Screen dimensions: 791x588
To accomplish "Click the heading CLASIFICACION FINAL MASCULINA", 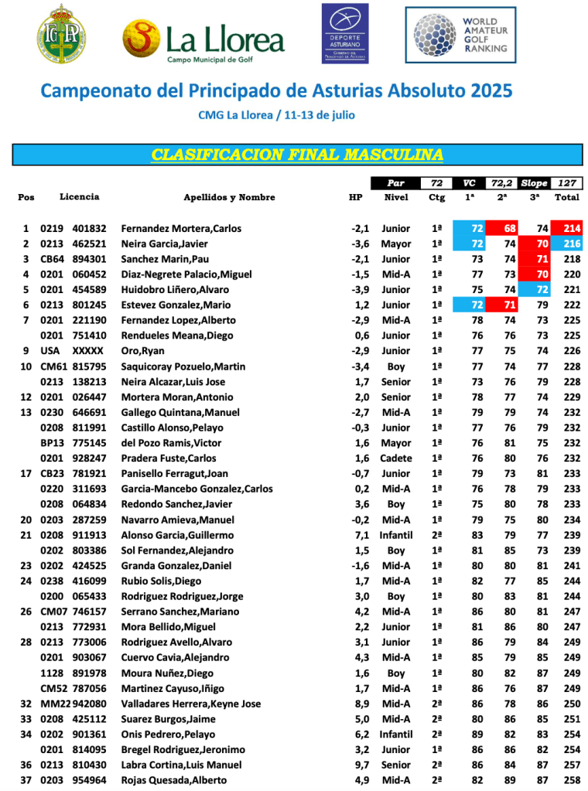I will point(297,155).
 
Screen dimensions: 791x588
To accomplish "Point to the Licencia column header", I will point(79,197).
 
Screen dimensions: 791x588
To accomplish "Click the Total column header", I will point(567,197).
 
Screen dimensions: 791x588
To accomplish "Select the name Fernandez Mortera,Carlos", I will point(181,229).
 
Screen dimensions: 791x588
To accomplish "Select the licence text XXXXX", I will point(87,351).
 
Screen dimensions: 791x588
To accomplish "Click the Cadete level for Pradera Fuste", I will point(396,459).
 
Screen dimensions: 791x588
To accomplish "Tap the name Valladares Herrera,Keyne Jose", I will point(191,704).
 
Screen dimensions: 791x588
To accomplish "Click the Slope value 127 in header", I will point(567,183).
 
